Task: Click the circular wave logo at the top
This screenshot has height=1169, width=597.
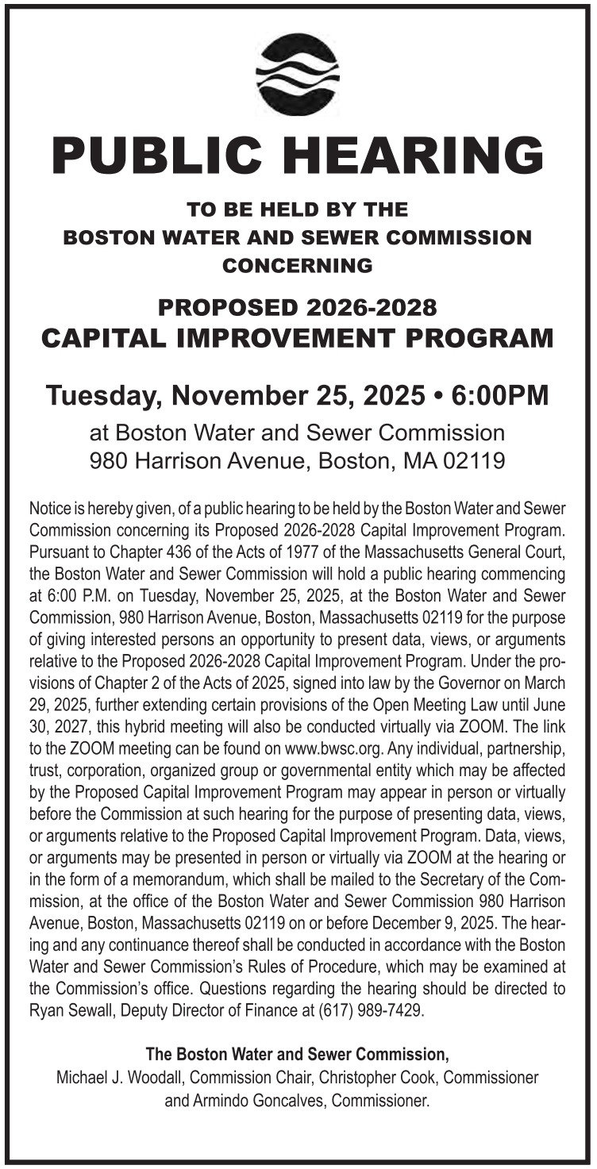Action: (x=298, y=75)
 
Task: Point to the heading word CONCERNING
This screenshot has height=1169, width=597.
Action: (x=298, y=266)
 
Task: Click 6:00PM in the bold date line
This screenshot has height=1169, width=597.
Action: (x=503, y=395)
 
